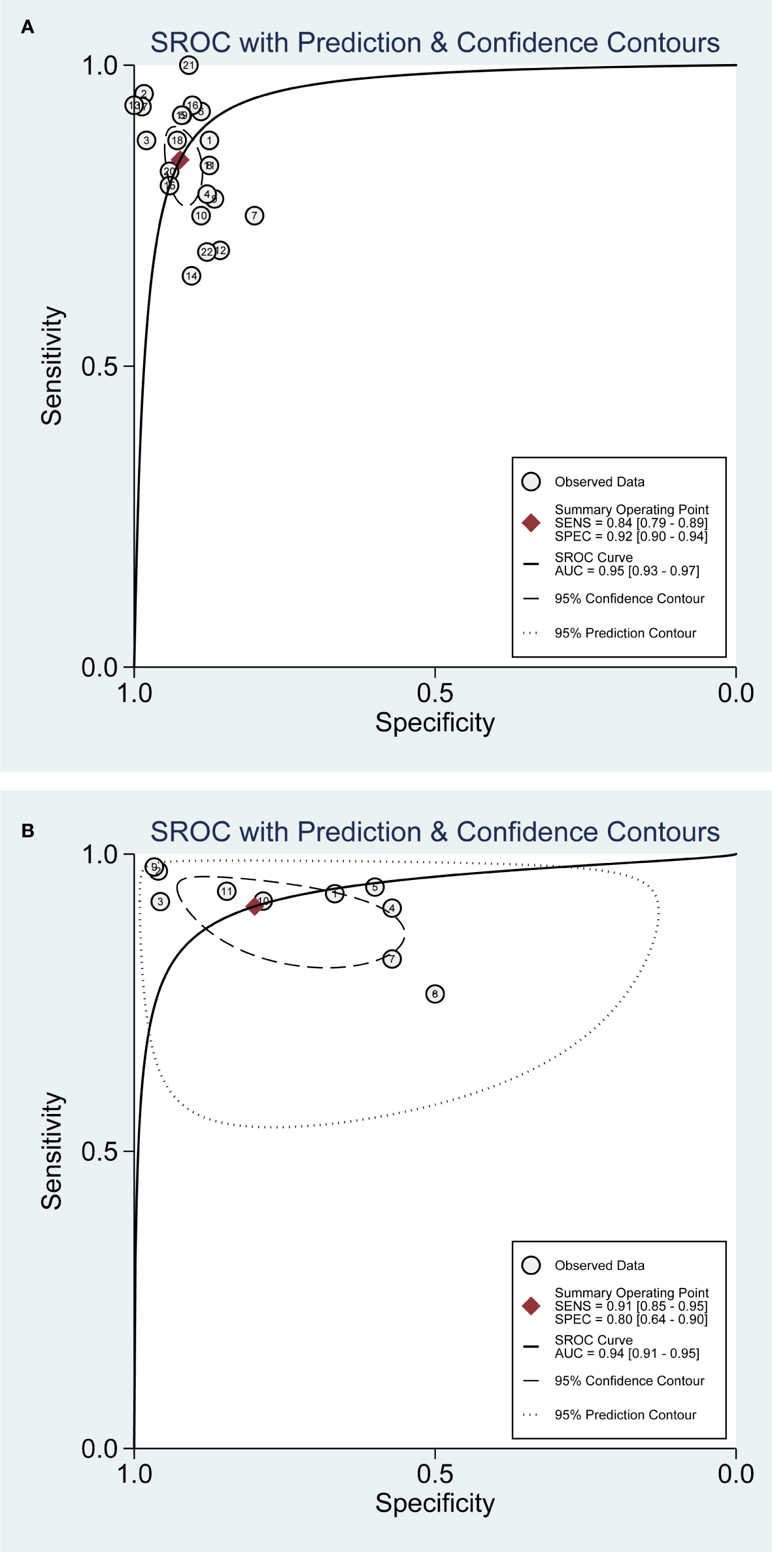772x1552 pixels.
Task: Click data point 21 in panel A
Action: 189,65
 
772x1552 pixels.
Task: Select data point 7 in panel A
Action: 254,215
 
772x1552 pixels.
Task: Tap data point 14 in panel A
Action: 191,276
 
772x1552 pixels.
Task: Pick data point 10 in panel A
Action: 201,215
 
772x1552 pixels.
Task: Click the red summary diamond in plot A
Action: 180,160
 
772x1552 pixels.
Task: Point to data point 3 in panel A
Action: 146,140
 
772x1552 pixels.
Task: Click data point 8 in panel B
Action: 435,994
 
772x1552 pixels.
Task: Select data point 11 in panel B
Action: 226,890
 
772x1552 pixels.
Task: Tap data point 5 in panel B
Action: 375,886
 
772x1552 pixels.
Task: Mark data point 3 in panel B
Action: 160,901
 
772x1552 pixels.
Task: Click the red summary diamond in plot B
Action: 254,906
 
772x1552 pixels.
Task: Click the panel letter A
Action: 27,27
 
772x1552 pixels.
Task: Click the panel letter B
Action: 27,830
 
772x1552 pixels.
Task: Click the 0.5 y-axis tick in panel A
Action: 99,366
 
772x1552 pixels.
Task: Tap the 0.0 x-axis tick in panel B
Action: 735,1474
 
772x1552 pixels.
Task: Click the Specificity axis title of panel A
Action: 435,722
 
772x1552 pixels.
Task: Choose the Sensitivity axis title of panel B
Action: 52,1151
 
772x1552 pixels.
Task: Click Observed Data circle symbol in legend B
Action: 531,1265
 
